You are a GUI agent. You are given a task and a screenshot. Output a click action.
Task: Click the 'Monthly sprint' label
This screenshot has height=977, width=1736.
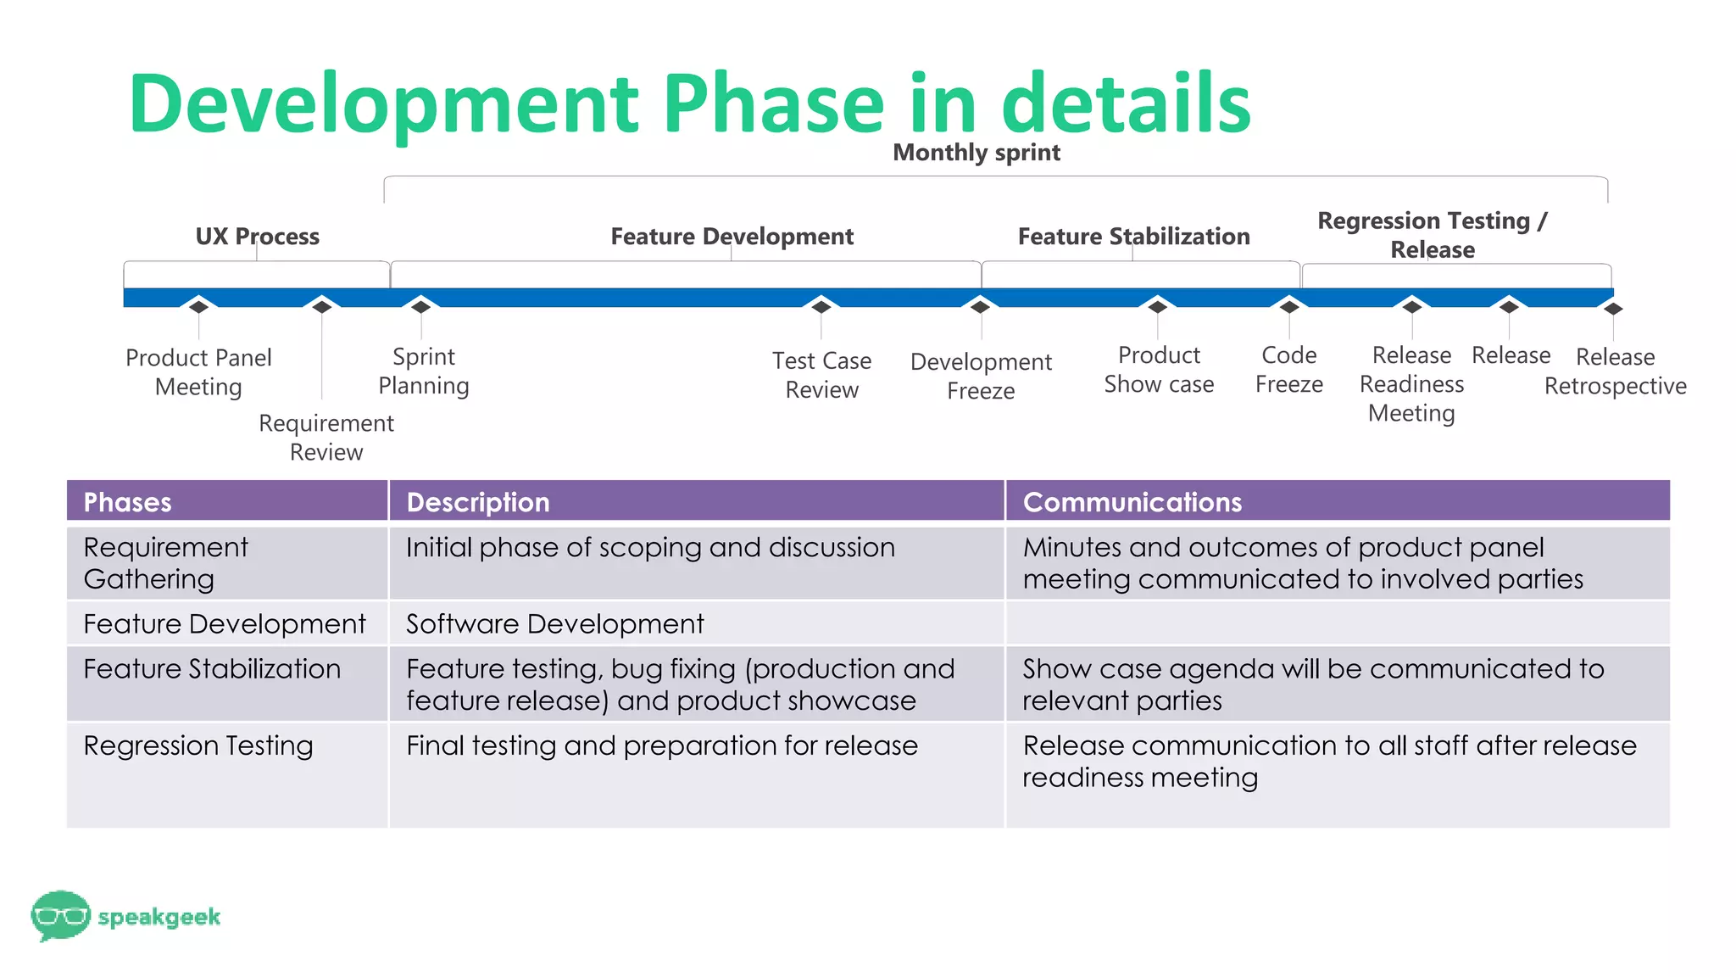click(976, 153)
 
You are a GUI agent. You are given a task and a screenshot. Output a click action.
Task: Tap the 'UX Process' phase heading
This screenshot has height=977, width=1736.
click(257, 236)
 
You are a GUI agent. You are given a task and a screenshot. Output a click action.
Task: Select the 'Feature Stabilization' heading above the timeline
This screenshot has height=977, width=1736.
click(1133, 236)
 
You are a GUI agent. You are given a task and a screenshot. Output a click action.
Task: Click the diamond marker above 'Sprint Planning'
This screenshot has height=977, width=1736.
click(421, 306)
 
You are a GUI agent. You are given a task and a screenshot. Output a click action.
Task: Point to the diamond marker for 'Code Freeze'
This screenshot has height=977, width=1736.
click(1289, 306)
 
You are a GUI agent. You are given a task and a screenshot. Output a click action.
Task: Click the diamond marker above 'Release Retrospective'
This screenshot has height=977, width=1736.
click(1613, 309)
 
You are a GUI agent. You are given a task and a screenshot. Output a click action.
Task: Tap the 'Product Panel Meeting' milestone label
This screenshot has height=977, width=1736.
click(198, 371)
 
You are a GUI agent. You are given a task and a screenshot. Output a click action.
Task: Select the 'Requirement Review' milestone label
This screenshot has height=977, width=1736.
click(326, 437)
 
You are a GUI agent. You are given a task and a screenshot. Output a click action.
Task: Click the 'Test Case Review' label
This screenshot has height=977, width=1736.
click(821, 375)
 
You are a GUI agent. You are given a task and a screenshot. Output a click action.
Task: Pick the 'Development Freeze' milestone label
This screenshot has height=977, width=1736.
click(981, 376)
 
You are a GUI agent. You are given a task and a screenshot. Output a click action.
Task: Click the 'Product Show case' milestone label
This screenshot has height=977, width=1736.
click(1159, 369)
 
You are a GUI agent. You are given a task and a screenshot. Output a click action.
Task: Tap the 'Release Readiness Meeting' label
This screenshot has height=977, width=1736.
click(1411, 383)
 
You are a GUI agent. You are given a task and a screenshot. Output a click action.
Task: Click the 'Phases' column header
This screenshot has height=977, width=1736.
click(127, 502)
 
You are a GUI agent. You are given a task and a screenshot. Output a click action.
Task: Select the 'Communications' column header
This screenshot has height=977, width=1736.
click(1132, 502)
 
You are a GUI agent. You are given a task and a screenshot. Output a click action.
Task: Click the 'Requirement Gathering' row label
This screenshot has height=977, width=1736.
click(166, 562)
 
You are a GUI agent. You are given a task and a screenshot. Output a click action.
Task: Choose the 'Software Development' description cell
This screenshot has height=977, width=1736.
click(555, 624)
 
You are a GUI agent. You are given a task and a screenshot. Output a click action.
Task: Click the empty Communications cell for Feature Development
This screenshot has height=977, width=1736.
click(1337, 623)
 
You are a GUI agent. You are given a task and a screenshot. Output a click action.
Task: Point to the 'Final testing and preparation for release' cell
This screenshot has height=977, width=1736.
click(661, 745)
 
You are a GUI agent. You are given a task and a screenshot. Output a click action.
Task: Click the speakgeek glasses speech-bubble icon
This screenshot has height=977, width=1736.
click(59, 915)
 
